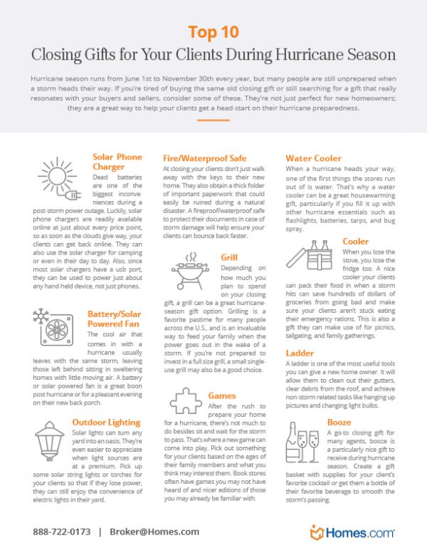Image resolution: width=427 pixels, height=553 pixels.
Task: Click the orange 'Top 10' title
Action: pos(213,32)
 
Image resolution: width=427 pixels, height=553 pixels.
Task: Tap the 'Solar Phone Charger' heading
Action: pos(117,162)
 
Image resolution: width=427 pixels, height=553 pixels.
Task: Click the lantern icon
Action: pos(51,441)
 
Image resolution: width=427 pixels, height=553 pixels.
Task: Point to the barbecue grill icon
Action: pos(189,273)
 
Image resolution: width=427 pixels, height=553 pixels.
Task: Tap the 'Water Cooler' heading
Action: pos(313,157)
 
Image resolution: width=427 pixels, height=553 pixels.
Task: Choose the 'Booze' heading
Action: pos(339,423)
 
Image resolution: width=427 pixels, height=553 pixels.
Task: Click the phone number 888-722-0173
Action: pos(61,532)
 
